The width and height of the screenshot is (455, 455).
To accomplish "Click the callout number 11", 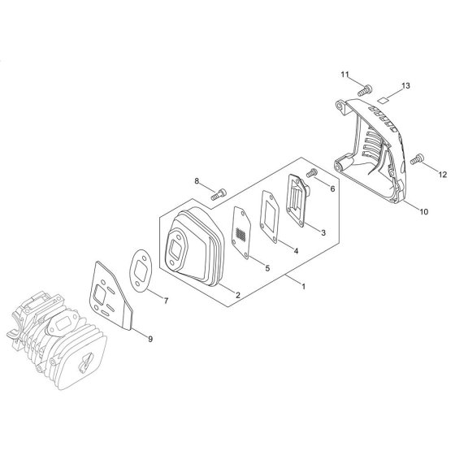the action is (x=344, y=75).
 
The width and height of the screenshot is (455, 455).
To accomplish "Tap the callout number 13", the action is (x=405, y=85).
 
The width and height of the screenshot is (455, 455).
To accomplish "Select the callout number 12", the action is (x=443, y=175).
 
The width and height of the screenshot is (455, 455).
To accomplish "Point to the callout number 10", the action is (x=424, y=211).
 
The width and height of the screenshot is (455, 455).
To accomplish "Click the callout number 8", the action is (x=197, y=181).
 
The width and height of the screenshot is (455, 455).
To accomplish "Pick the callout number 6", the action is (x=332, y=188).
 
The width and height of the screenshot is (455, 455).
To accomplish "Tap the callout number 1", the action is (x=304, y=287).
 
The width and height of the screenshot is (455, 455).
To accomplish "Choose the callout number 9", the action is (x=150, y=339).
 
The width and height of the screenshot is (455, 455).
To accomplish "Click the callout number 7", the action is (x=166, y=301).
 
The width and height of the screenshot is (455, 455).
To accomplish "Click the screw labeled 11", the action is (x=365, y=90).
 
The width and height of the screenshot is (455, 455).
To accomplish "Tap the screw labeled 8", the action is (x=219, y=193).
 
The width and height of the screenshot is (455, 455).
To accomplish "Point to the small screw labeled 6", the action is (x=311, y=172).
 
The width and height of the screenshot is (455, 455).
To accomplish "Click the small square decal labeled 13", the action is (x=383, y=100).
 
